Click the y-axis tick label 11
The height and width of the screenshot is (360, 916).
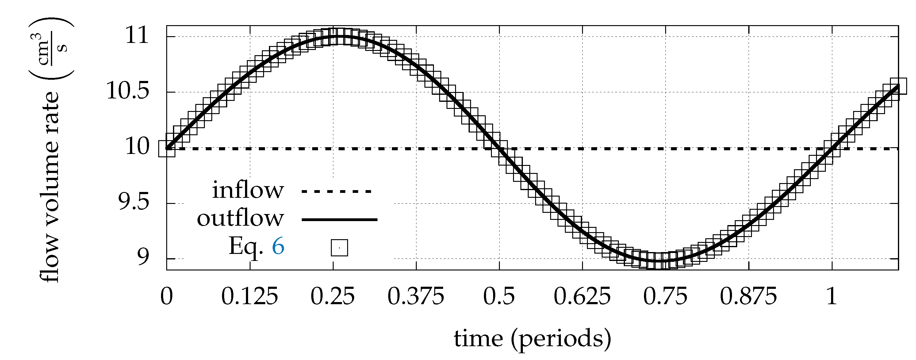point(137,36)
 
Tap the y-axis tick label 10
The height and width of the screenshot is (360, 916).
point(138,147)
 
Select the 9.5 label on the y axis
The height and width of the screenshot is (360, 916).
point(133,203)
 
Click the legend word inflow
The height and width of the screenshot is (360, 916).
point(248,190)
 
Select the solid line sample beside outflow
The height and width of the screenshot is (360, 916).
point(339,220)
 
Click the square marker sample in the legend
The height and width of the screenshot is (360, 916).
point(339,247)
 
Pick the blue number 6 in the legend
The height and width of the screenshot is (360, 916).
point(278,246)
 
